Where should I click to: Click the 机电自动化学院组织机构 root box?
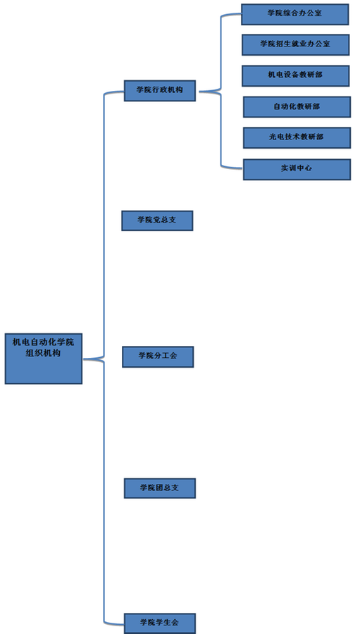point(44,359)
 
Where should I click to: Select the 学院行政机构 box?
point(160,91)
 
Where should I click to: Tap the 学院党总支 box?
point(157,220)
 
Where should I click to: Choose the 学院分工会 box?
point(158,356)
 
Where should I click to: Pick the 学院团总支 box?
point(160,488)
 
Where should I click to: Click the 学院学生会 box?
point(160,623)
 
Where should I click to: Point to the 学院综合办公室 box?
point(295,14)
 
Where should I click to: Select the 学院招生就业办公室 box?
point(296,44)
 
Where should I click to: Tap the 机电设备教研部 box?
point(296,75)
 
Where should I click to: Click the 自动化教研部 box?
point(297,107)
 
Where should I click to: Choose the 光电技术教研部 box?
point(297,137)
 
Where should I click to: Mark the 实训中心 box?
point(297,169)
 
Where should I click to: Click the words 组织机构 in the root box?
point(43,353)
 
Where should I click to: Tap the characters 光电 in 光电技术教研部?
point(276,137)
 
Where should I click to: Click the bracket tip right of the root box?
point(84,359)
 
